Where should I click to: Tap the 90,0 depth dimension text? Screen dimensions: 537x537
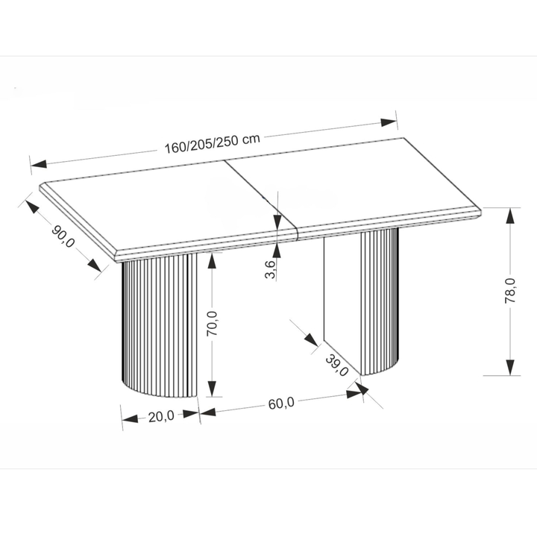pyautogui.click(x=63, y=236)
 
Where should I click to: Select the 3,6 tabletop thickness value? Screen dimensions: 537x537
pyautogui.click(x=270, y=269)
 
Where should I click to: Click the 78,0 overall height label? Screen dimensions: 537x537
pyautogui.click(x=510, y=290)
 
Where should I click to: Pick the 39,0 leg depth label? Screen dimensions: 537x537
pyautogui.click(x=336, y=365)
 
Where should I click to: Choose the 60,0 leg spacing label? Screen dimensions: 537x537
pyautogui.click(x=281, y=403)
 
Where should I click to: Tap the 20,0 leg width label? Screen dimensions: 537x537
pyautogui.click(x=161, y=417)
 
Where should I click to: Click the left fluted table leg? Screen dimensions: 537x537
pyautogui.click(x=160, y=325)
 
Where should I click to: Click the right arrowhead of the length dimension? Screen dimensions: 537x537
pyautogui.click(x=389, y=122)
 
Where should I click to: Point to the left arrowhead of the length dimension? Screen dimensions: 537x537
pyautogui.click(x=39, y=163)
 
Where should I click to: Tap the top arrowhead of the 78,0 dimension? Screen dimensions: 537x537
pyautogui.click(x=510, y=216)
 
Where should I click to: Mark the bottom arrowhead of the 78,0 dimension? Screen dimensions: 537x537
pyautogui.click(x=510, y=367)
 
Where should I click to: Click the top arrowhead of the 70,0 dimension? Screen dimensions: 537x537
pyautogui.click(x=213, y=261)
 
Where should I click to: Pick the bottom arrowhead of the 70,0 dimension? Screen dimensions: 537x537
pyautogui.click(x=213, y=389)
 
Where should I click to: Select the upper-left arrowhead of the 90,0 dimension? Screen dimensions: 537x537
pyautogui.click(x=32, y=207)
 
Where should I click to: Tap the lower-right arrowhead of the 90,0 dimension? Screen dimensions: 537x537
pyautogui.click(x=94, y=266)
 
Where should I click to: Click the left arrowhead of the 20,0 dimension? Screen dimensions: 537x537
pyautogui.click(x=131, y=419)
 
